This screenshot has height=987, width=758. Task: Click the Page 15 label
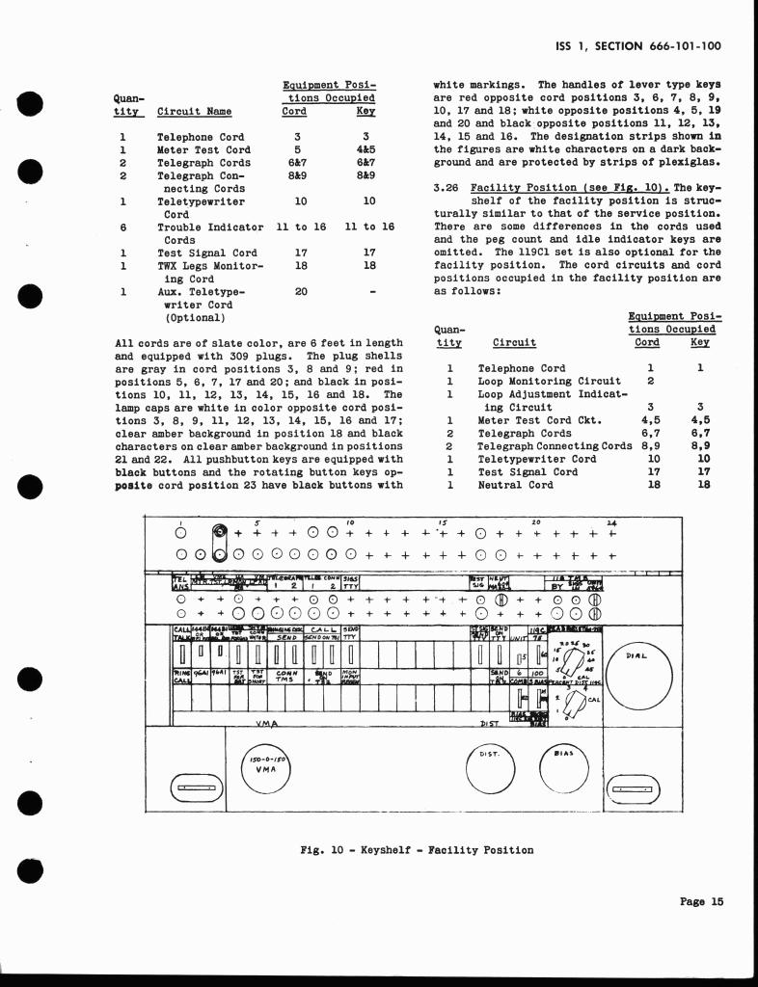pyautogui.click(x=700, y=901)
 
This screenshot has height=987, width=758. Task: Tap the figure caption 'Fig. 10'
pyautogui.click(x=324, y=849)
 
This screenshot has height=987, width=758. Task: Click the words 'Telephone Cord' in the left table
pyautogui.click(x=201, y=138)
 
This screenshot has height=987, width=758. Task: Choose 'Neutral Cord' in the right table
pyautogui.click(x=516, y=485)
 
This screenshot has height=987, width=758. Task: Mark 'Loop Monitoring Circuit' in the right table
pyautogui.click(x=550, y=381)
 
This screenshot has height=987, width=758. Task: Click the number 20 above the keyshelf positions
pyautogui.click(x=536, y=521)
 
